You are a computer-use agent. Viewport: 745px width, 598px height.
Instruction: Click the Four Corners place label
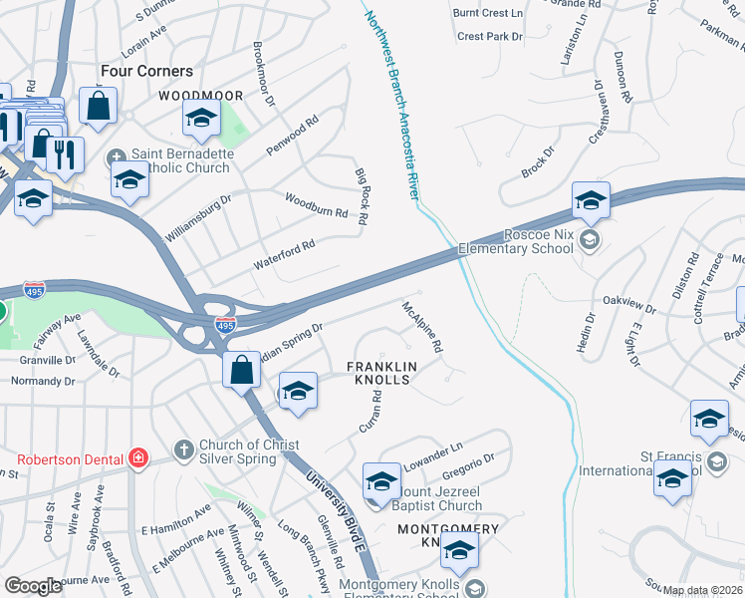[146, 72]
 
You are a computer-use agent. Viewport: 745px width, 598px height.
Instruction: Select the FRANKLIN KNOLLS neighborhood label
[378, 374]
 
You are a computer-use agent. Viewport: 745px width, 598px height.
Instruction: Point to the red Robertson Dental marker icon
[140, 458]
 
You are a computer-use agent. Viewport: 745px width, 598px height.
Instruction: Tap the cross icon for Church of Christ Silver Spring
[183, 449]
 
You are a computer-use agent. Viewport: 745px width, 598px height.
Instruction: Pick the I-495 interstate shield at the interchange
[224, 324]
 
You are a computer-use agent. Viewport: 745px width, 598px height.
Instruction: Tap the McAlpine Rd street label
[421, 329]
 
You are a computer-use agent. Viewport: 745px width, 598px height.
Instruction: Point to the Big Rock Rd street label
[363, 195]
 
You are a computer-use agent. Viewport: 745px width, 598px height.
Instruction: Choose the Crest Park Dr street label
[490, 37]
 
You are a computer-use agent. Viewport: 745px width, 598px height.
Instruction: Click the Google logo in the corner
[34, 586]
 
